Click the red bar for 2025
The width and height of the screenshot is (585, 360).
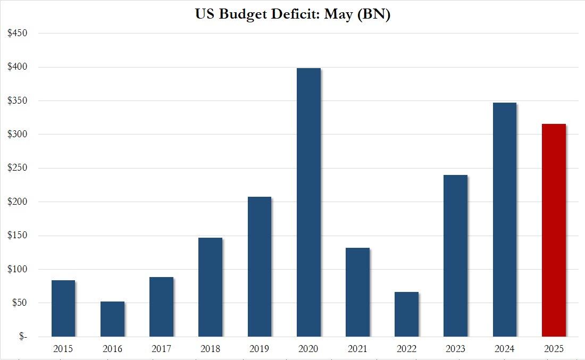pyautogui.click(x=554, y=230)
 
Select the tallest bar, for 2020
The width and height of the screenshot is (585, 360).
pyautogui.click(x=308, y=203)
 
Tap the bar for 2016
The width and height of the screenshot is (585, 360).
pyautogui.click(x=112, y=319)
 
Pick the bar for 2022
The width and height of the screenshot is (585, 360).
pyautogui.click(x=406, y=314)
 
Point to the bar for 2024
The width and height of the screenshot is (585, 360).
pyautogui.click(x=504, y=220)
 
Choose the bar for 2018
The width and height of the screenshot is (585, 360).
pyautogui.click(x=210, y=287)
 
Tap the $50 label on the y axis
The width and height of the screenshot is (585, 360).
pyautogui.click(x=19, y=303)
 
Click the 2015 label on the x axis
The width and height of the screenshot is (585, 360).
pyautogui.click(x=63, y=349)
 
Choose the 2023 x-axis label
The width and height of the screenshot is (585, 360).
pyautogui.click(x=455, y=349)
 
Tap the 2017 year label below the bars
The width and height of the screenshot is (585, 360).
pyautogui.click(x=161, y=349)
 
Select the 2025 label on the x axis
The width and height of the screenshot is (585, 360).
pyautogui.click(x=554, y=349)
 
